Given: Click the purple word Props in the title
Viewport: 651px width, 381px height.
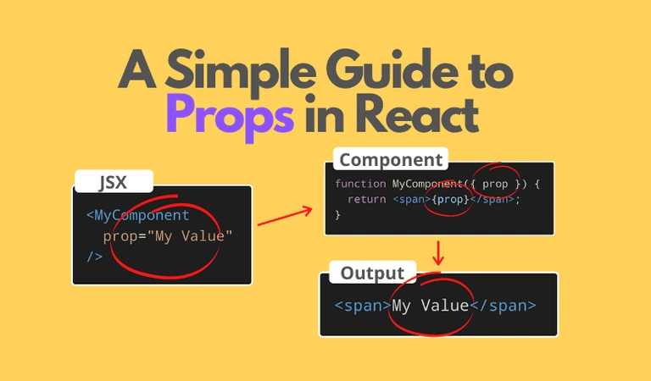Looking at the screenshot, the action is tap(231, 117).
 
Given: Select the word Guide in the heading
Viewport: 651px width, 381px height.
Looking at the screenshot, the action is tap(392, 69).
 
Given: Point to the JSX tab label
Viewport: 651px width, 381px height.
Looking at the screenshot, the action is tap(113, 182).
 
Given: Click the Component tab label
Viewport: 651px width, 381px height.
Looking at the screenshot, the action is tap(391, 160).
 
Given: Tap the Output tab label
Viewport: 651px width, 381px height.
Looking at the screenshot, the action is tap(372, 273).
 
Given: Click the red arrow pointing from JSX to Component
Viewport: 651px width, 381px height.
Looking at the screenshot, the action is tap(285, 216).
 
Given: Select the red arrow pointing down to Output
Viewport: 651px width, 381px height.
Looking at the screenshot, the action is tap(438, 253).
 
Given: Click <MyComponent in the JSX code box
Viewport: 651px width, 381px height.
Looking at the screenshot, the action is tap(138, 215).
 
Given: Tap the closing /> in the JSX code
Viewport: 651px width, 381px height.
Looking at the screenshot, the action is tap(95, 257).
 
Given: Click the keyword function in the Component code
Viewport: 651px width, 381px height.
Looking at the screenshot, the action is tap(360, 184).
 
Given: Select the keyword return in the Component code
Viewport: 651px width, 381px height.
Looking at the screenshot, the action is tap(367, 200).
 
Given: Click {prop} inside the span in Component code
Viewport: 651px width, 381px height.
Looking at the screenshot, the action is tap(450, 200).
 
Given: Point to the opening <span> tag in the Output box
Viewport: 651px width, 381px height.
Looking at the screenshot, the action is tap(363, 306).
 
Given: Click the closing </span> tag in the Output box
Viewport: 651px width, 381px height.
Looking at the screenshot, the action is tap(503, 306).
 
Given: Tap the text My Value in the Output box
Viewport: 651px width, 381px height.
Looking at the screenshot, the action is tap(430, 306).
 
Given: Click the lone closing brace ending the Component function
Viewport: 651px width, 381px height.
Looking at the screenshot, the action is tap(337, 215).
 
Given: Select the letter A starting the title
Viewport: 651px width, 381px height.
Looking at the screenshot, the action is tap(137, 69).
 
